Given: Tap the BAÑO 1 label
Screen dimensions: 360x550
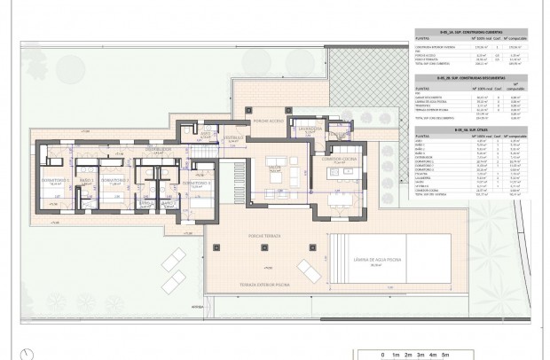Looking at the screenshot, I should (x=87, y=179).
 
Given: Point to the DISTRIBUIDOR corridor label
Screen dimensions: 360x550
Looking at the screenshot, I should (x=158, y=149).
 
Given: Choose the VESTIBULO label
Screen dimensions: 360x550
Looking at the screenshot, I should (x=233, y=138).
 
